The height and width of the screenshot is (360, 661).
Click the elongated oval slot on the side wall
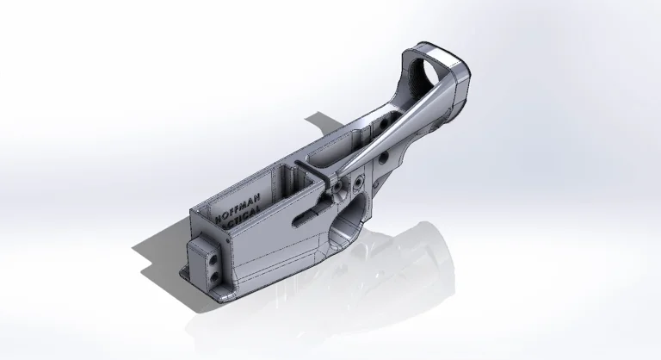[x=305, y=218]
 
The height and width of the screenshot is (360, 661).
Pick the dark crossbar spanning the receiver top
[x=313, y=172]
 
